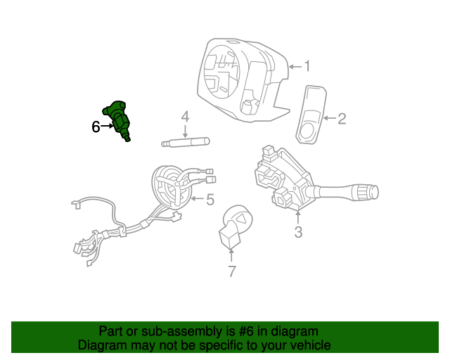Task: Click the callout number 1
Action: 307,67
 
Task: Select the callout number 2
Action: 342,119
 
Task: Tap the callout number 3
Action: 298,232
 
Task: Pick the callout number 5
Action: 210,200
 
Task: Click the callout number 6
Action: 96,127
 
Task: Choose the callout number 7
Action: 232,271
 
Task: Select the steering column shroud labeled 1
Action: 239,77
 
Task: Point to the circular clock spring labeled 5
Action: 171,187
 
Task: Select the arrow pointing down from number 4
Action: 186,131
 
